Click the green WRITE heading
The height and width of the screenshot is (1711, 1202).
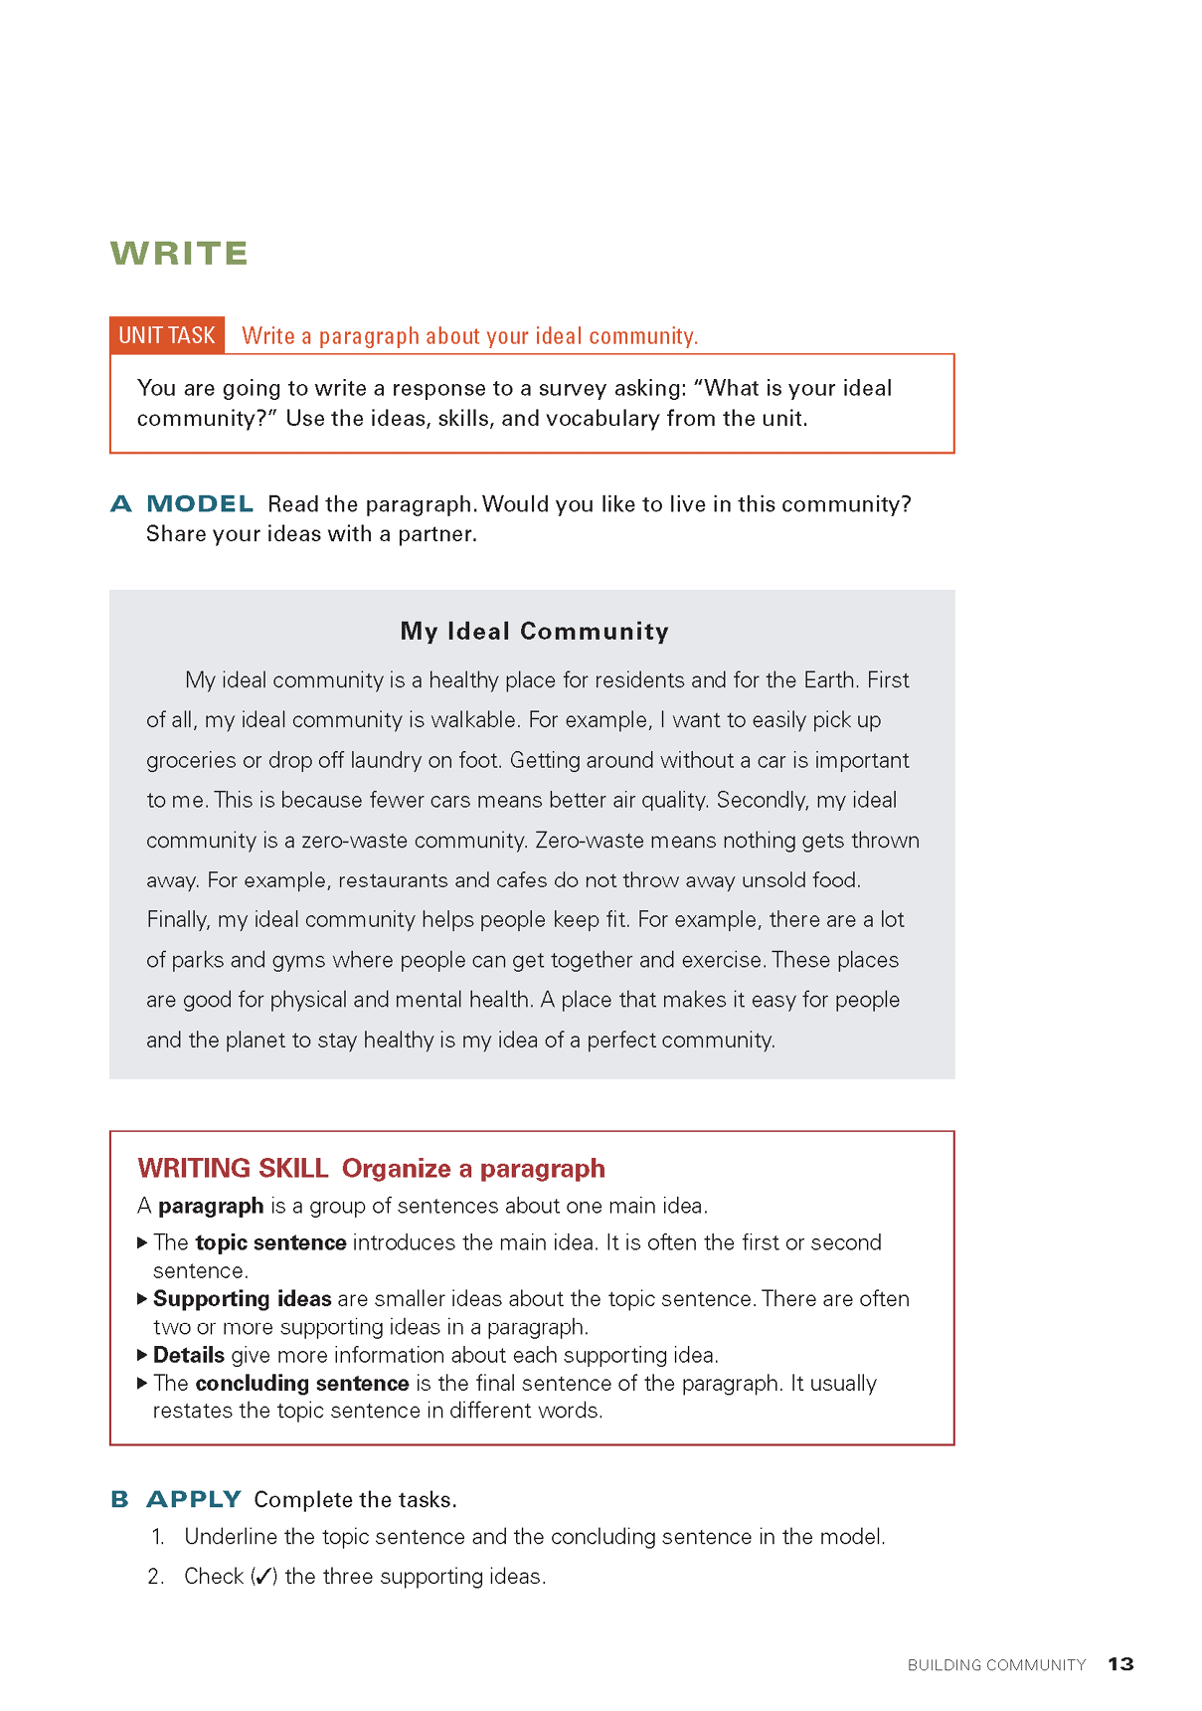179,254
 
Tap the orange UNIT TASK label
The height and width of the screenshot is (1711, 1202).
167,335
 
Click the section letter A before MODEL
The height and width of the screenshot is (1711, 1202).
121,504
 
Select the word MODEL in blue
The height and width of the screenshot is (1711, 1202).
200,504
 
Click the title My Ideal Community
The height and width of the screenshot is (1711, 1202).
534,631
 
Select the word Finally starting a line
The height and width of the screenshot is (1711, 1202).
178,920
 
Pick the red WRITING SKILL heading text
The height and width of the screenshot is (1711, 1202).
233,1168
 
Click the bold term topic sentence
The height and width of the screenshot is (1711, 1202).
270,1242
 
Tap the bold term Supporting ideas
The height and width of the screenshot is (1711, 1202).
242,1299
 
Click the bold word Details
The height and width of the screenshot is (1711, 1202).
189,1355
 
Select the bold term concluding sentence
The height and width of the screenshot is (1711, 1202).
302,1383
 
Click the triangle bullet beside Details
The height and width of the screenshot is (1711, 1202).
143,1355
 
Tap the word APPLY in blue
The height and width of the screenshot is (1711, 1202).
194,1499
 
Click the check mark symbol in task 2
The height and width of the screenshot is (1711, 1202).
263,1577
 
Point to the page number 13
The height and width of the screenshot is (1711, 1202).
1120,1664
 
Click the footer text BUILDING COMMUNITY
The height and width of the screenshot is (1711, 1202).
996,1665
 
